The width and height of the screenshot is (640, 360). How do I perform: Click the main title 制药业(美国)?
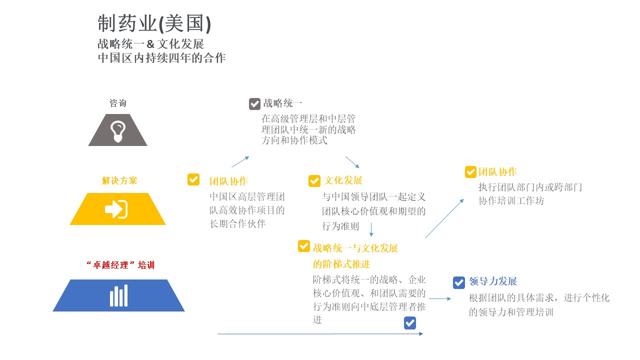154,23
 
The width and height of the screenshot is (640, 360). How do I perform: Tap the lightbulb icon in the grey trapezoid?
118,131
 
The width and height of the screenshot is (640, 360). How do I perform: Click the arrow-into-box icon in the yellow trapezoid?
116,209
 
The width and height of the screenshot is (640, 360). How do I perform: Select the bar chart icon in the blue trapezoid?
119,295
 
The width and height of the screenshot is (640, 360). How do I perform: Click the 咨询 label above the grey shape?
117,103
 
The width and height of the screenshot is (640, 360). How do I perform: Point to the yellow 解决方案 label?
119,180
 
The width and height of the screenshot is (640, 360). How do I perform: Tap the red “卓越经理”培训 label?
120,265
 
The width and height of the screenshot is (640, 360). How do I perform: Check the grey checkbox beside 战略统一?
254,104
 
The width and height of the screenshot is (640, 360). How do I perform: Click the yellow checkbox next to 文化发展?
314,181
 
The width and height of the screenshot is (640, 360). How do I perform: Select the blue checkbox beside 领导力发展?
459,282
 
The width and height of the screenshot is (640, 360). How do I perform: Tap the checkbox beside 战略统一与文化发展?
303,246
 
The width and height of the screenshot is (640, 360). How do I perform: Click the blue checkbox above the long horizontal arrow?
410,323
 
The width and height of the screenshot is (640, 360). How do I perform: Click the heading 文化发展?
343,180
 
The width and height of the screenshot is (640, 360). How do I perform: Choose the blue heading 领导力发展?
493,281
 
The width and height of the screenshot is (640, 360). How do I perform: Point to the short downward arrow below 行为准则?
371,229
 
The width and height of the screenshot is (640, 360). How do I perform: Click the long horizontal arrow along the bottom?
320,333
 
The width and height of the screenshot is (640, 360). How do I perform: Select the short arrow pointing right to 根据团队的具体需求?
440,298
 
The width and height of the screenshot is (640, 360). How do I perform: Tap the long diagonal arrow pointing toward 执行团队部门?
444,218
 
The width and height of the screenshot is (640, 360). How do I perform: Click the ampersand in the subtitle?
150,44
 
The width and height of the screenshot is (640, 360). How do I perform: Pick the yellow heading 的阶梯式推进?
341,264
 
